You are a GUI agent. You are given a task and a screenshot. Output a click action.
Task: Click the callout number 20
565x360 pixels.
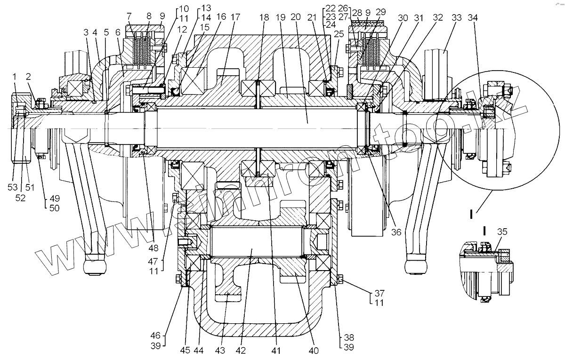(x=296, y=17)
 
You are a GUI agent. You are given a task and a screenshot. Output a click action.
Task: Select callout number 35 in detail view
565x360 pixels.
(x=502, y=232)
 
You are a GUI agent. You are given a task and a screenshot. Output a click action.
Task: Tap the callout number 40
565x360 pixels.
(x=314, y=350)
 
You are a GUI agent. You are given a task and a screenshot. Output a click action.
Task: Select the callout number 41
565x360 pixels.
(x=275, y=350)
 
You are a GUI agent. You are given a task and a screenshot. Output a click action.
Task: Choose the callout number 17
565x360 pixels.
(x=235, y=17)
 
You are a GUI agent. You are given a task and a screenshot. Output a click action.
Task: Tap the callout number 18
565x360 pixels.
(x=264, y=17)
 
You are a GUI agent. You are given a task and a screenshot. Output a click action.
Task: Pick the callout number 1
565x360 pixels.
(x=16, y=76)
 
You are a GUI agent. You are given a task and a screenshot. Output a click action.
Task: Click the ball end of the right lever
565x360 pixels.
(x=416, y=266)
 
